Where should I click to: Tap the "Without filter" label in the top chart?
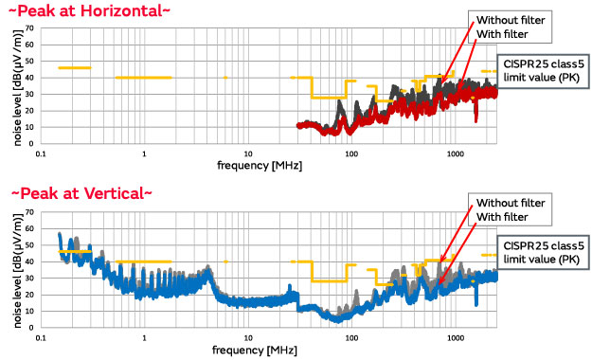tap(510, 21)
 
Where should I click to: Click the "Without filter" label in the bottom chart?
tap(510, 203)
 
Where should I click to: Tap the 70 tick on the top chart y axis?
tap(28, 28)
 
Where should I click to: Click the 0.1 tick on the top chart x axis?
tap(41, 153)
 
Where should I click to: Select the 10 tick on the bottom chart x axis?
tap(248, 337)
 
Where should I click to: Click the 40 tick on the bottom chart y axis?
tap(28, 261)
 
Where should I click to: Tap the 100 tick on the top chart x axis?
tap(351, 153)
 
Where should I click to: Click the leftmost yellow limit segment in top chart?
tap(74, 68)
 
